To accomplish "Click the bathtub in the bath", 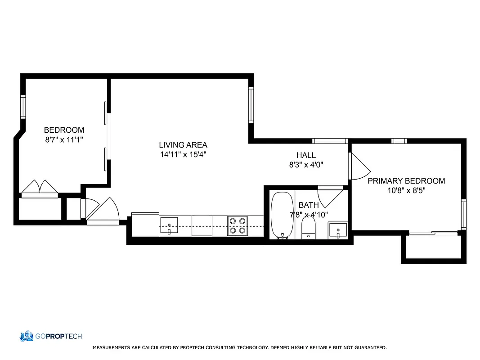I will coord(282,215).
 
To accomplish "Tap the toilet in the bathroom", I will coord(309,227).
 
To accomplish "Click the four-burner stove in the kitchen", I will coord(238,225).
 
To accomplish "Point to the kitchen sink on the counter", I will coord(169,225).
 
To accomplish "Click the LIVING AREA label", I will coord(183,145).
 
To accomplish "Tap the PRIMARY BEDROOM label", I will coord(406,181).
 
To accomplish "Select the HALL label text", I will coord(306,155).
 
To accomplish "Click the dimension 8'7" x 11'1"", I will coord(64,140).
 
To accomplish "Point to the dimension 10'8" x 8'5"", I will coord(406,190).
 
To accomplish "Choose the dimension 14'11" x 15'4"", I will coord(183,154).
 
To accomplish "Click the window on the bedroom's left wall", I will coord(22,107).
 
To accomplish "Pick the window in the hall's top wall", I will coord(330,141).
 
